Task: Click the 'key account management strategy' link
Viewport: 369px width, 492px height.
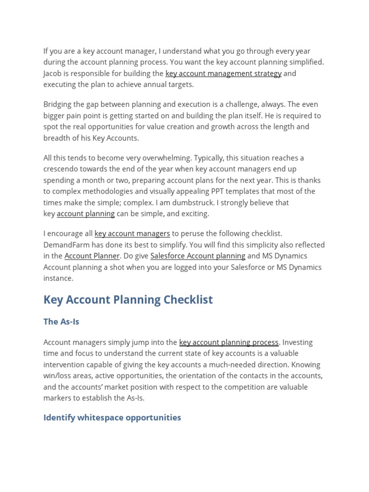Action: pos(223,74)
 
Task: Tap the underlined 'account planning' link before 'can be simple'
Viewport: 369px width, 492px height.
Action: pos(86,214)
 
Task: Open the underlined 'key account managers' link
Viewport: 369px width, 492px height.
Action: pos(132,234)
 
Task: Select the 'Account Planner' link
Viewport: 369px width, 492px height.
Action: pos(92,256)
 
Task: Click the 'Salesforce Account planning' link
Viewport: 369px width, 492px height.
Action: pos(197,256)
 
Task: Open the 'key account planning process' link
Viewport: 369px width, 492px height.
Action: pos(229,343)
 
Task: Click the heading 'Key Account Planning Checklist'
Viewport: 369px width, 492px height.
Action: pos(128,300)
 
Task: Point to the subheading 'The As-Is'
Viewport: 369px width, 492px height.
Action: pos(61,322)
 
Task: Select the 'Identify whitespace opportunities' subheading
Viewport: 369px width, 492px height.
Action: pos(112,418)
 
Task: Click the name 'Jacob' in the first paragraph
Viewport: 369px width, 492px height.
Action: pos(53,74)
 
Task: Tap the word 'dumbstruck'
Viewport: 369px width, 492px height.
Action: pos(193,203)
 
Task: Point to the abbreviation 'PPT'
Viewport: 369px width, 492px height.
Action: pos(214,191)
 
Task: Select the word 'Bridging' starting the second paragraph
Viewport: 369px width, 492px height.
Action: pos(58,105)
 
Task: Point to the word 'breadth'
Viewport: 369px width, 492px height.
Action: pos(56,138)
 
